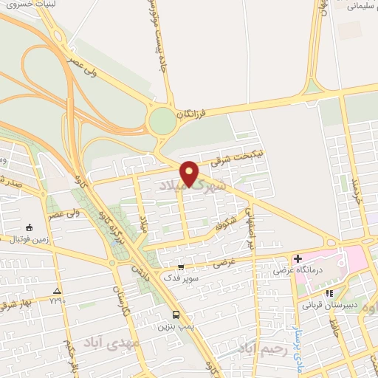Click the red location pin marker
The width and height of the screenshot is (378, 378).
coord(190,173)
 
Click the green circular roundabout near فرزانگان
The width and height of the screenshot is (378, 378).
coord(161,122)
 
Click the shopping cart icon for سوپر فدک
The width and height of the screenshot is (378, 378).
coord(182,267)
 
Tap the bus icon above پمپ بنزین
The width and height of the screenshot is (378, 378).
coord(175,312)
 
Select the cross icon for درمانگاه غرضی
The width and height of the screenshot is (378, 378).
coord(297,259)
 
